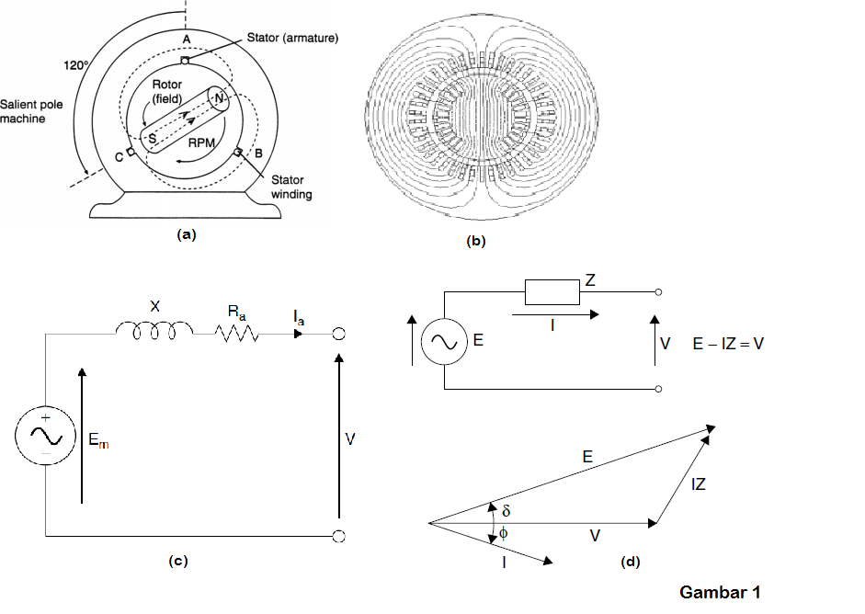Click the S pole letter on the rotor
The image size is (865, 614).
(x=153, y=137)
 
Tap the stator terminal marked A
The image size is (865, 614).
(x=186, y=62)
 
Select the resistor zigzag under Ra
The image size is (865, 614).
(x=237, y=336)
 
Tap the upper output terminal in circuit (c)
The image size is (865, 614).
(x=338, y=335)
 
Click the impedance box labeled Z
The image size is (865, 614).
(x=552, y=293)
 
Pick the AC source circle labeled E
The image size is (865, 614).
(x=445, y=342)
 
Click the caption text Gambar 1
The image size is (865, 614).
(x=720, y=592)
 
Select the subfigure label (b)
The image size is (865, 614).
(x=476, y=242)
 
